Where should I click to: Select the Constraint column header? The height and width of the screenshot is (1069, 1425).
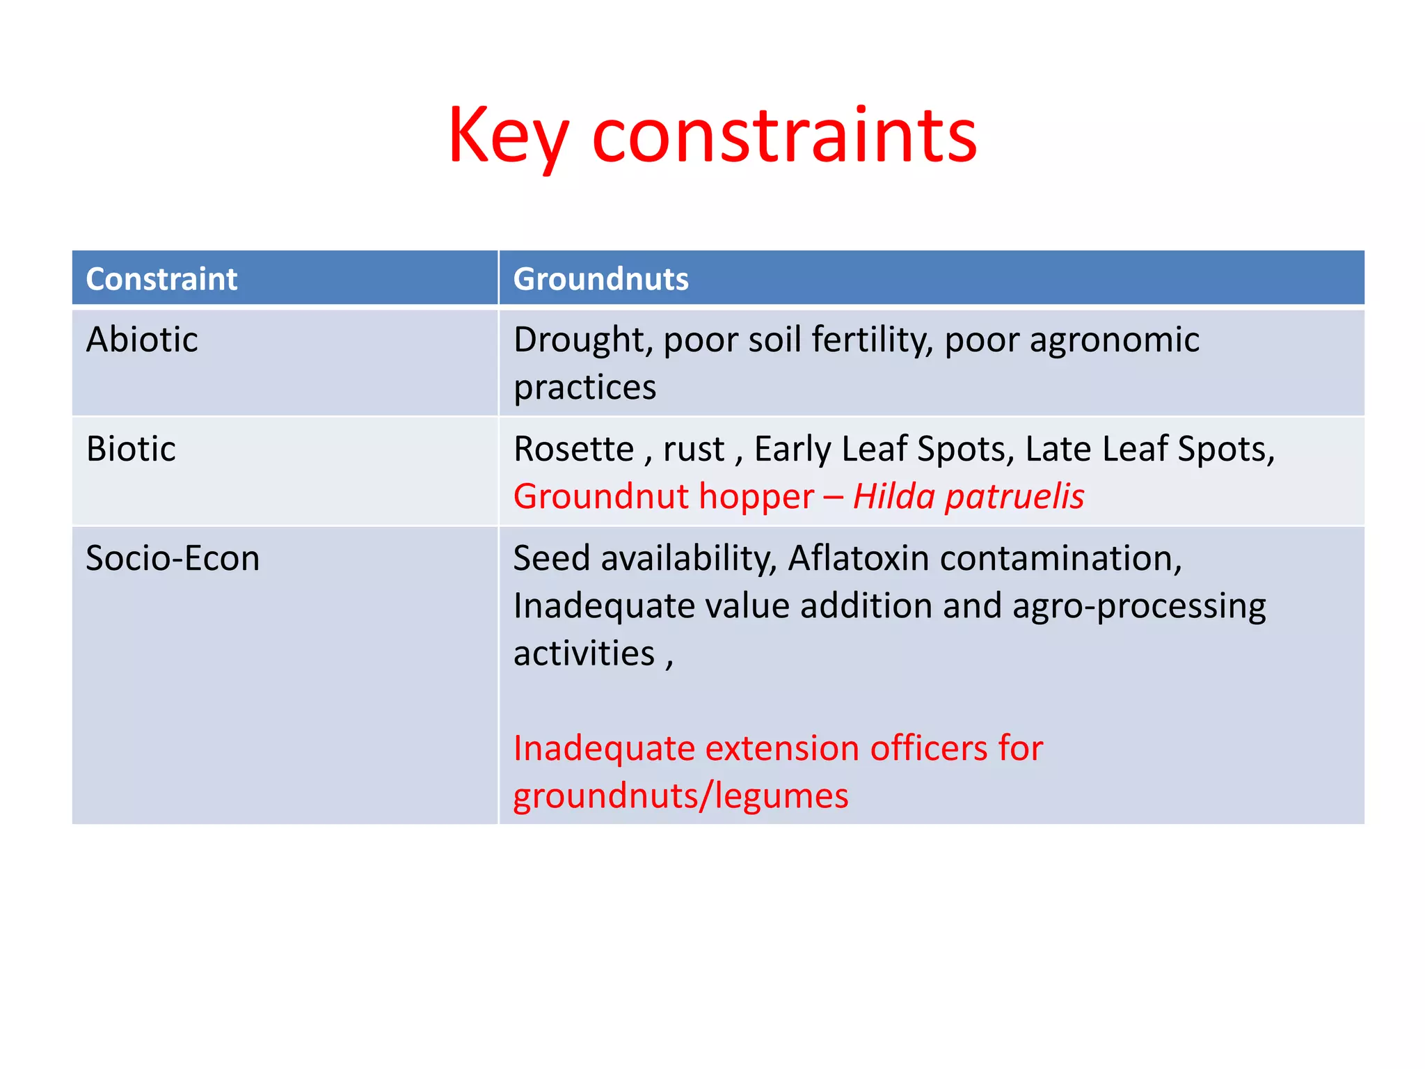[161, 279]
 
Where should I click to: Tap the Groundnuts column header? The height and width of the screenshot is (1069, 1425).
[600, 279]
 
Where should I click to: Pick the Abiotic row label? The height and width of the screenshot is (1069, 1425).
[142, 340]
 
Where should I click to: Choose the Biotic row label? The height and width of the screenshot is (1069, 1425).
[131, 449]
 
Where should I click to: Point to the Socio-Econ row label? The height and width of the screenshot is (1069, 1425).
[173, 558]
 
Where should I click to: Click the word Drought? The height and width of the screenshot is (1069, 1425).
[582, 340]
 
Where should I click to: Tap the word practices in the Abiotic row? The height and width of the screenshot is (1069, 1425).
[584, 387]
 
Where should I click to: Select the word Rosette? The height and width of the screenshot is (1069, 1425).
[573, 449]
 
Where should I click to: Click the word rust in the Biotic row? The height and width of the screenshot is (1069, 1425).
[694, 449]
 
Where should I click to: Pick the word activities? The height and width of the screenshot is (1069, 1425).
[584, 654]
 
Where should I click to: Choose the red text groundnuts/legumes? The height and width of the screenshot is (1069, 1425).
[680, 796]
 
